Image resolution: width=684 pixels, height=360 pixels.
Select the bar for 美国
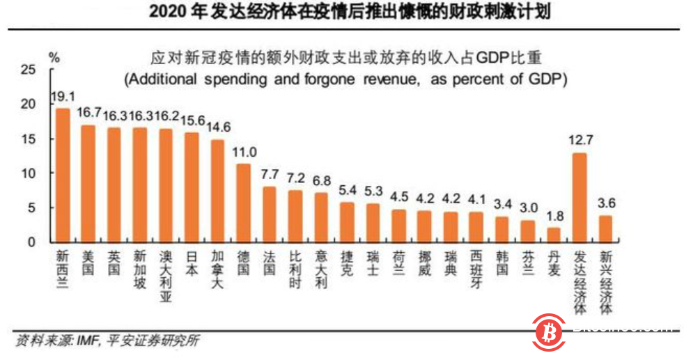88,184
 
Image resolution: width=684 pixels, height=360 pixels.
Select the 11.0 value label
244,152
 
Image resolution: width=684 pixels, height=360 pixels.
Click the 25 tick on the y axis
28,70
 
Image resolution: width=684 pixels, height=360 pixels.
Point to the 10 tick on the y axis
28,173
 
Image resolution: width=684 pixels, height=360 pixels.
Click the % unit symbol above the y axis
53,56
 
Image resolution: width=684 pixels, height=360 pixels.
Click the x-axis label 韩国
502,260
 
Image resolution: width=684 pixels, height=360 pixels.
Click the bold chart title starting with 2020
341,13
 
